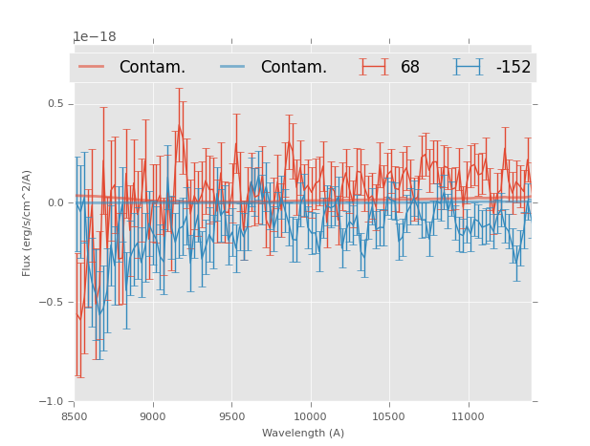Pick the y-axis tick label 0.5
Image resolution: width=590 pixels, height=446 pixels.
55,104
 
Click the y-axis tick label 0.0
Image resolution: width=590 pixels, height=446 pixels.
55,203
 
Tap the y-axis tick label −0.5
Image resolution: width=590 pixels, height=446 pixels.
52,303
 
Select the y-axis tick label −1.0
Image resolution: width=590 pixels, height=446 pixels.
52,402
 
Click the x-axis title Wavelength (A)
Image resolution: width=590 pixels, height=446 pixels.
303,433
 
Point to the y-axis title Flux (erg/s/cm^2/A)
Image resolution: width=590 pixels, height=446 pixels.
28,223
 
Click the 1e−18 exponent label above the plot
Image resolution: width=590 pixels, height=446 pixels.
95,37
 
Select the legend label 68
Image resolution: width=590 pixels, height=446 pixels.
410,68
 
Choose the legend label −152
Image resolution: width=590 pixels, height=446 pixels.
513,68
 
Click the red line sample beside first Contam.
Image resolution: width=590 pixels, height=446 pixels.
92,67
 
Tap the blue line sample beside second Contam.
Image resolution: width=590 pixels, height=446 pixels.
233,67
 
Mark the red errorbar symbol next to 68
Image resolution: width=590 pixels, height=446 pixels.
374,67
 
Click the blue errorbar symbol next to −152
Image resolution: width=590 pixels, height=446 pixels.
468,67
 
